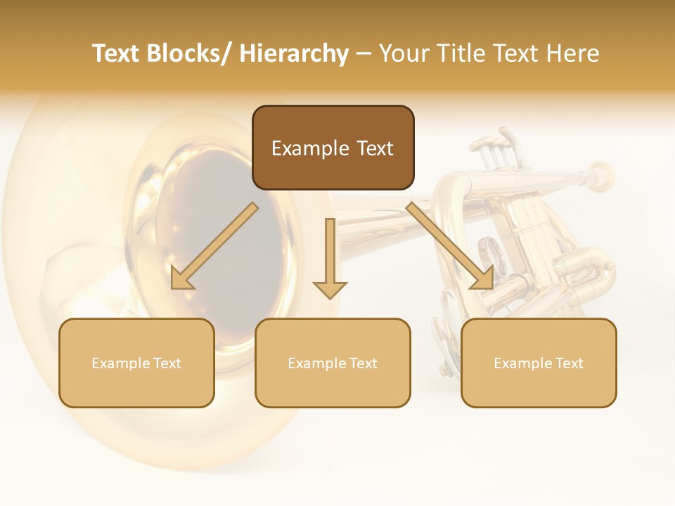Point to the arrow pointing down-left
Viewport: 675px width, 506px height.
[x=214, y=247]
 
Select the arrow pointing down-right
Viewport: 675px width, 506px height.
[x=450, y=247]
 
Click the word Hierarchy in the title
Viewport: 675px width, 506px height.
[x=294, y=53]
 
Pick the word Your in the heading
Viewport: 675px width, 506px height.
[x=403, y=53]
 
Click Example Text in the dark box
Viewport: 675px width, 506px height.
[x=333, y=148]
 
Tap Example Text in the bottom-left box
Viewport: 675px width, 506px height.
[x=136, y=363]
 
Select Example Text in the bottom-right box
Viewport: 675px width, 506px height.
[x=539, y=363]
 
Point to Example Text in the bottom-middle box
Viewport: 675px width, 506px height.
[x=333, y=363]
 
